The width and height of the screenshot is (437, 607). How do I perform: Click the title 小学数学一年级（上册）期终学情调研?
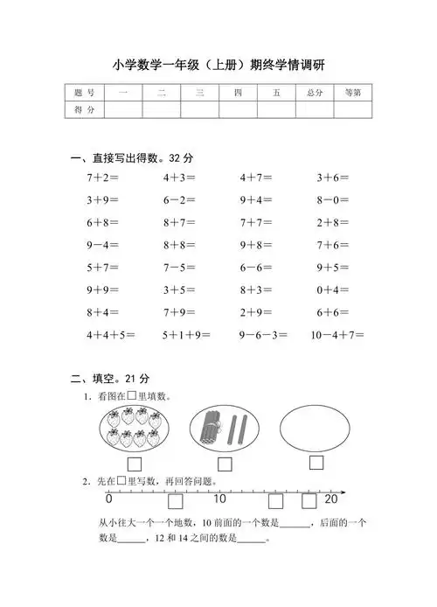tap(218, 65)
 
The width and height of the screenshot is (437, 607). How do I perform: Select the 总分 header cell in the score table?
tap(309, 93)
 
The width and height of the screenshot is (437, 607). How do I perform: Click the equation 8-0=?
tap(333, 199)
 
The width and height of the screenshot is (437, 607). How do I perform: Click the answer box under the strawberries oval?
tap(135, 464)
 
